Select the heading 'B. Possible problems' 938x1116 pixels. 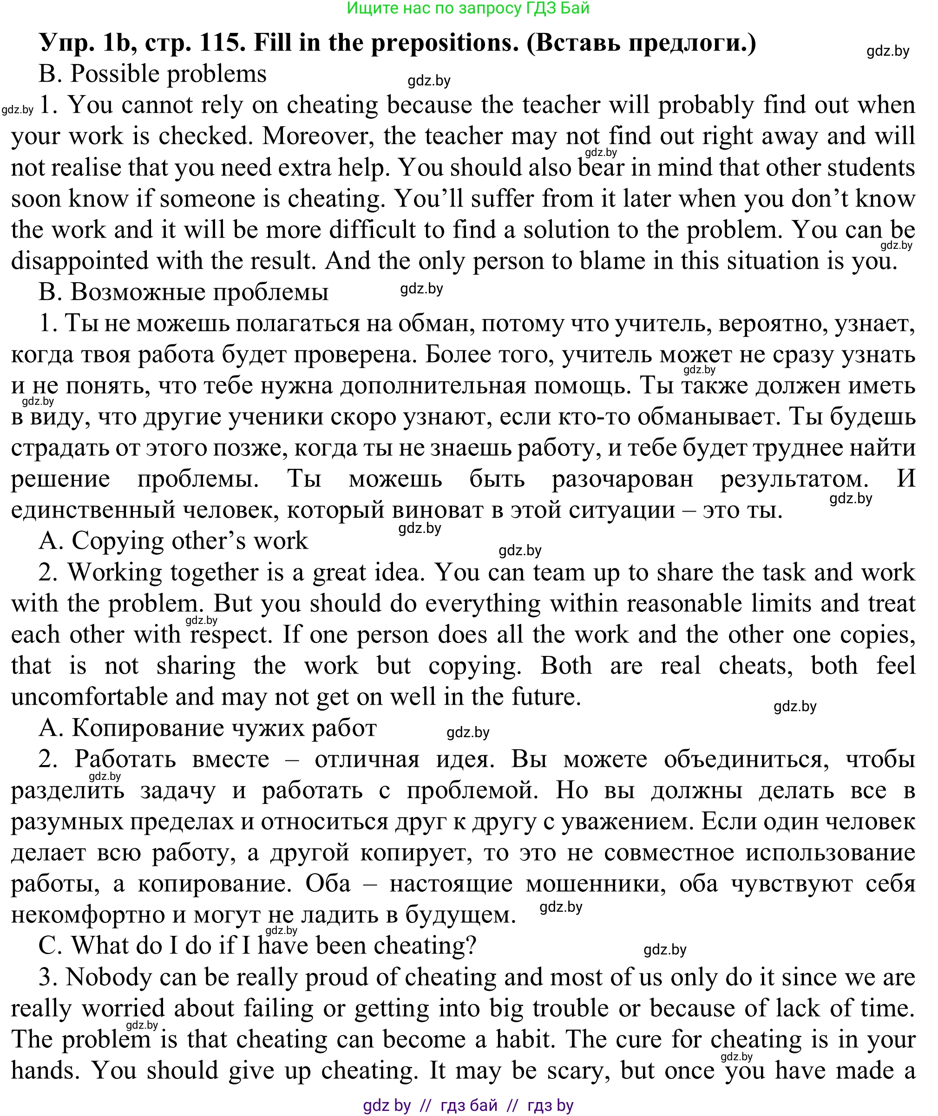point(152,74)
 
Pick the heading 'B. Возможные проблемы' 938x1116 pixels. point(184,292)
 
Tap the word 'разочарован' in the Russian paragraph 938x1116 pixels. point(622,479)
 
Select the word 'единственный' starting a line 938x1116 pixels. point(92,510)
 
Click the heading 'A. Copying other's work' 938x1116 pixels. point(173,540)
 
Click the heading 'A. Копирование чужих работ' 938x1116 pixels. point(207,727)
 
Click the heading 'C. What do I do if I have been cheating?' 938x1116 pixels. point(257,946)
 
